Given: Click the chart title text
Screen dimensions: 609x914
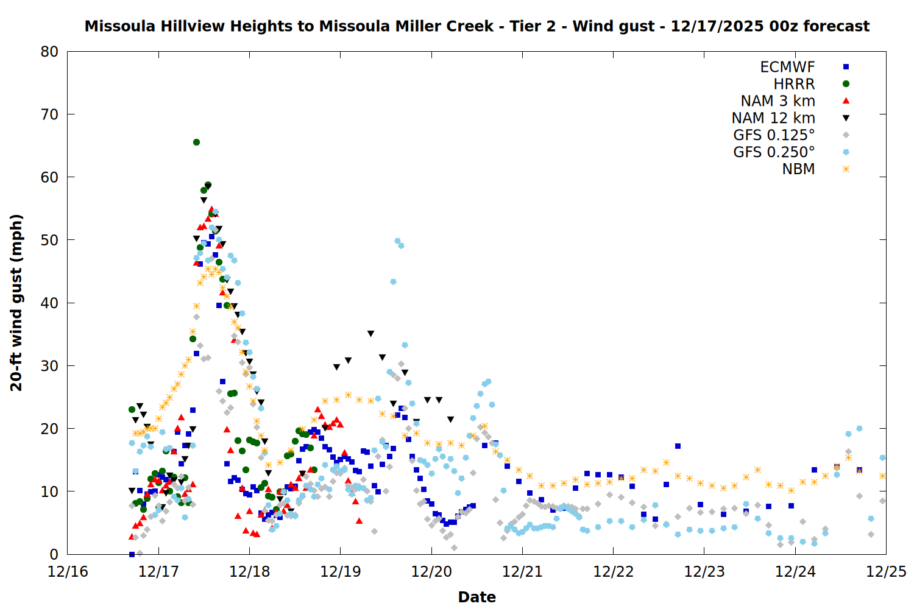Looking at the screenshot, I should point(476,26).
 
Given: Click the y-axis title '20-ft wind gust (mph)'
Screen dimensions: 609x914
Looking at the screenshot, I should point(16,303).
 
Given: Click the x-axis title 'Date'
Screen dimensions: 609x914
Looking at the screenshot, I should point(476,597).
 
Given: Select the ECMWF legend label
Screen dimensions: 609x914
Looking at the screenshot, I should point(787,67).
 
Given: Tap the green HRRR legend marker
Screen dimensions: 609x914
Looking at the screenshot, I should point(846,84).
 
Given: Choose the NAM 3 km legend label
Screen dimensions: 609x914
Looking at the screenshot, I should point(778,101).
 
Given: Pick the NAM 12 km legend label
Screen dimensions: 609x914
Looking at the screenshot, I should point(773,118).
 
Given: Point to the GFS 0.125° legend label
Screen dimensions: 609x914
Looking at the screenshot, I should point(774,135).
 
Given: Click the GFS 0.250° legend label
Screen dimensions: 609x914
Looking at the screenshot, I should point(774,152).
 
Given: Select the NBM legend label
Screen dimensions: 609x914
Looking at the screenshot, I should point(798,169).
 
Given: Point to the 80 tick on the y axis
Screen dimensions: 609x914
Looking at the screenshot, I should point(50,52).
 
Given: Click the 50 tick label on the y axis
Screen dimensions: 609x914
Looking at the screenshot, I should point(50,240).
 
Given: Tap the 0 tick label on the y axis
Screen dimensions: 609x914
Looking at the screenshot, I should point(54,554).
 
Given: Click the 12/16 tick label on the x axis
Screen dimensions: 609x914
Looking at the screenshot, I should point(68,572).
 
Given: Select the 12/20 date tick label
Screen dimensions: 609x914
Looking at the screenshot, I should point(431,572).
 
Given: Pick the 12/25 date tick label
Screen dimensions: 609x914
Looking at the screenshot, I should point(886,572).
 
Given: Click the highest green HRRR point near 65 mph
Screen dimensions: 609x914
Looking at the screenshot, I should point(196,142).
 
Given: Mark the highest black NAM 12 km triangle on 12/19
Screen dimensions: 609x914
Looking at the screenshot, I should point(370,334).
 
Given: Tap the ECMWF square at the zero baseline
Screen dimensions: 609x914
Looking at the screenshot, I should point(132,554).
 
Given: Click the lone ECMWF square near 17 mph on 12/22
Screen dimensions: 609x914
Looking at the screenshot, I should point(678,446).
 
